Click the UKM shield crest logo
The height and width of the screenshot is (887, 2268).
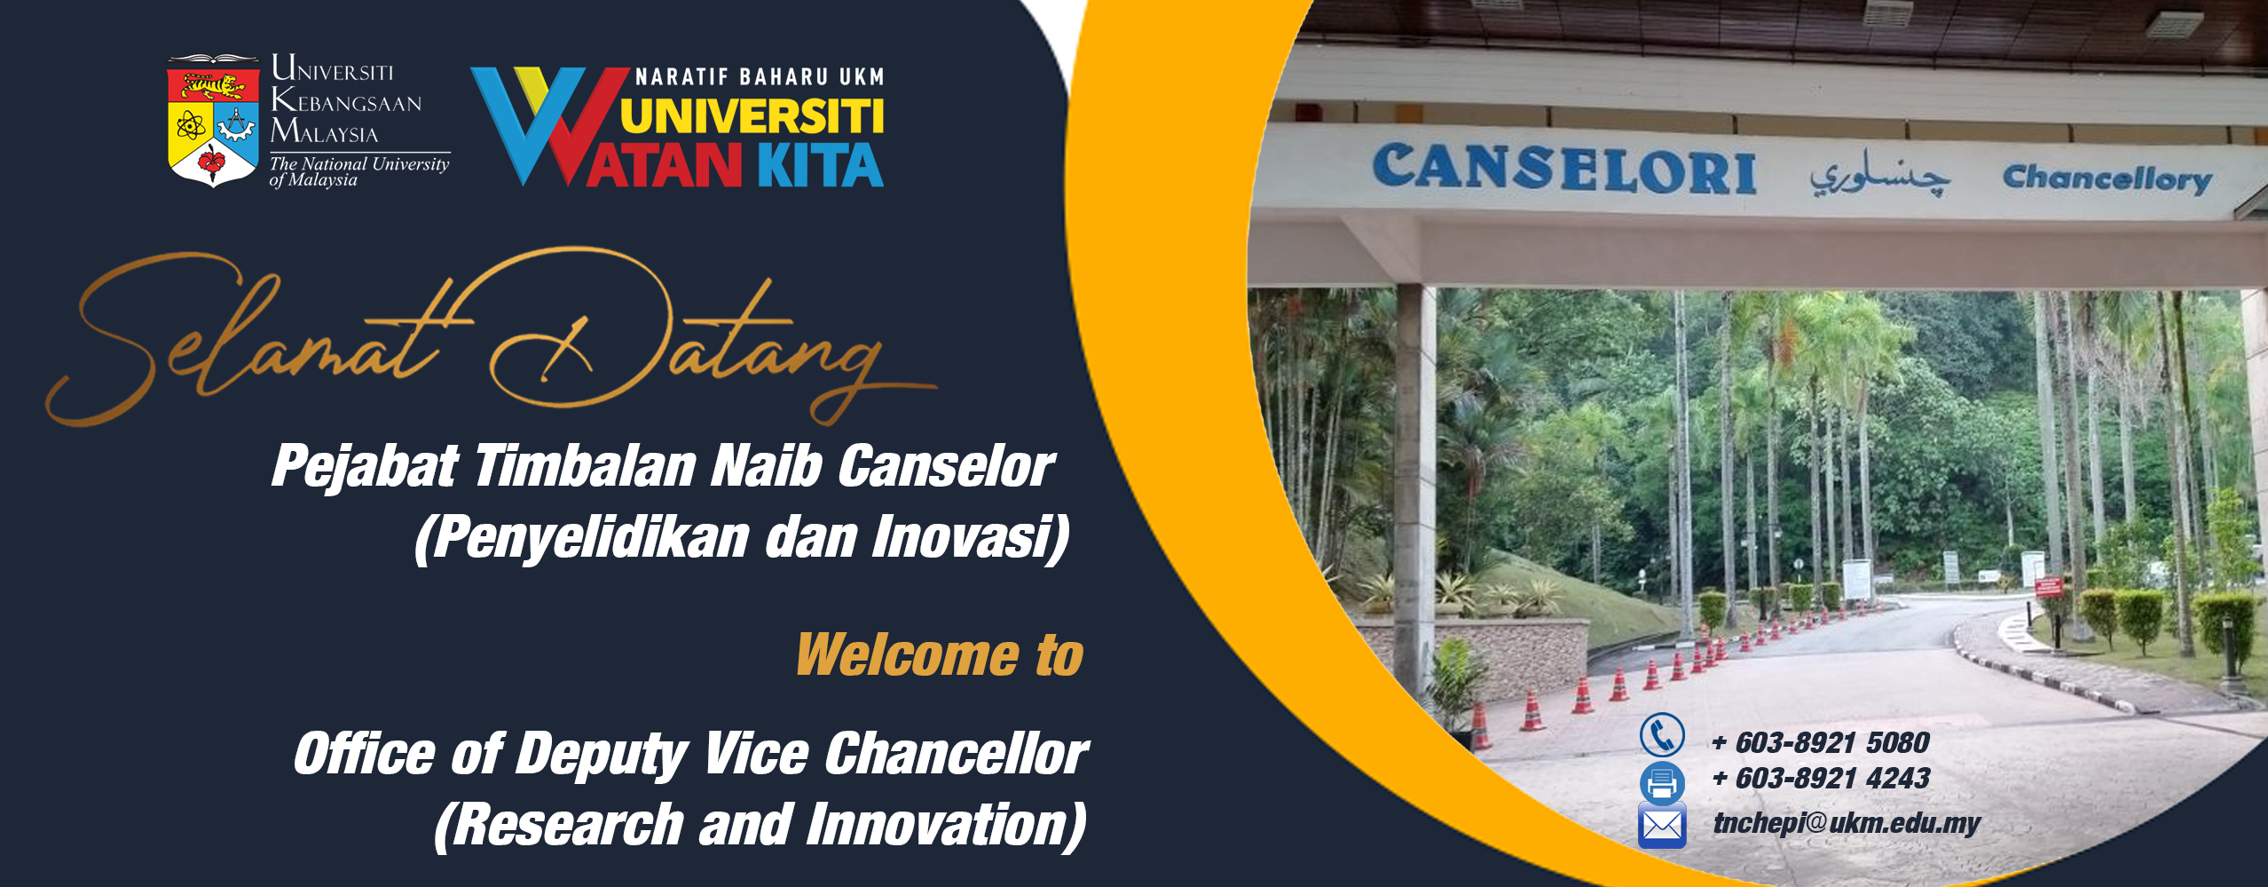213,122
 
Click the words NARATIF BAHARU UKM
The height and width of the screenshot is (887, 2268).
760,77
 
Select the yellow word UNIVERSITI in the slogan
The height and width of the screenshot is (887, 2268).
752,116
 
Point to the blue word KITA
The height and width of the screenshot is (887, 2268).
821,165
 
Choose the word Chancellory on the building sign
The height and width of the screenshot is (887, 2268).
2107,178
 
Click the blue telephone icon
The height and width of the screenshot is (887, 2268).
1662,735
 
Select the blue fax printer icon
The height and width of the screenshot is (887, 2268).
1662,782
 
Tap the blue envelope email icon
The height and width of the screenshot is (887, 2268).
1662,826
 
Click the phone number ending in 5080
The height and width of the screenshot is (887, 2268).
1820,742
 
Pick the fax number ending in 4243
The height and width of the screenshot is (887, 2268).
1820,779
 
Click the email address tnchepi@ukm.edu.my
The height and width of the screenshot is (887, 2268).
1847,823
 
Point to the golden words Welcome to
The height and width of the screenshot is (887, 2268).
940,654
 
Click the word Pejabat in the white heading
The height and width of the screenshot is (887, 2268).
365,467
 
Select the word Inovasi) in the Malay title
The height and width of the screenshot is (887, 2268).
971,538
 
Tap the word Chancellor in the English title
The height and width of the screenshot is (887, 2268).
956,754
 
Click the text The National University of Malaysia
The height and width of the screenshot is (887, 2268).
359,171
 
